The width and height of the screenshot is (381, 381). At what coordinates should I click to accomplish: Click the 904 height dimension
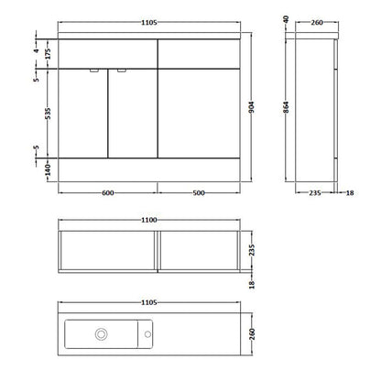pos(252,107)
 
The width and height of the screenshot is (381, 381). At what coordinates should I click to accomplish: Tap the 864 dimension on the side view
pos(286,107)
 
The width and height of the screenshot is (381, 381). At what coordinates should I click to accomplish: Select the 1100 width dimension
pos(149,220)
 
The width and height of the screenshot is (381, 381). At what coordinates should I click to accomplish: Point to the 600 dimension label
pos(108,193)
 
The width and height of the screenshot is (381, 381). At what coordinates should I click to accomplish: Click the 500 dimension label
pos(199,193)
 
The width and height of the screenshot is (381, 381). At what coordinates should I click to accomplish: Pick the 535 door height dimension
pos(48,114)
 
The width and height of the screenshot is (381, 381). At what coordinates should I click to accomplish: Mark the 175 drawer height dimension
pos(48,54)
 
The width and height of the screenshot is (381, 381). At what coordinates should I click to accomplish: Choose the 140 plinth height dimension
pos(48,169)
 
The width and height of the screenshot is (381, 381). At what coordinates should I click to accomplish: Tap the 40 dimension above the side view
pos(286,19)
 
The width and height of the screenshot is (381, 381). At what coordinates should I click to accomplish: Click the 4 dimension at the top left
pos(37,50)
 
